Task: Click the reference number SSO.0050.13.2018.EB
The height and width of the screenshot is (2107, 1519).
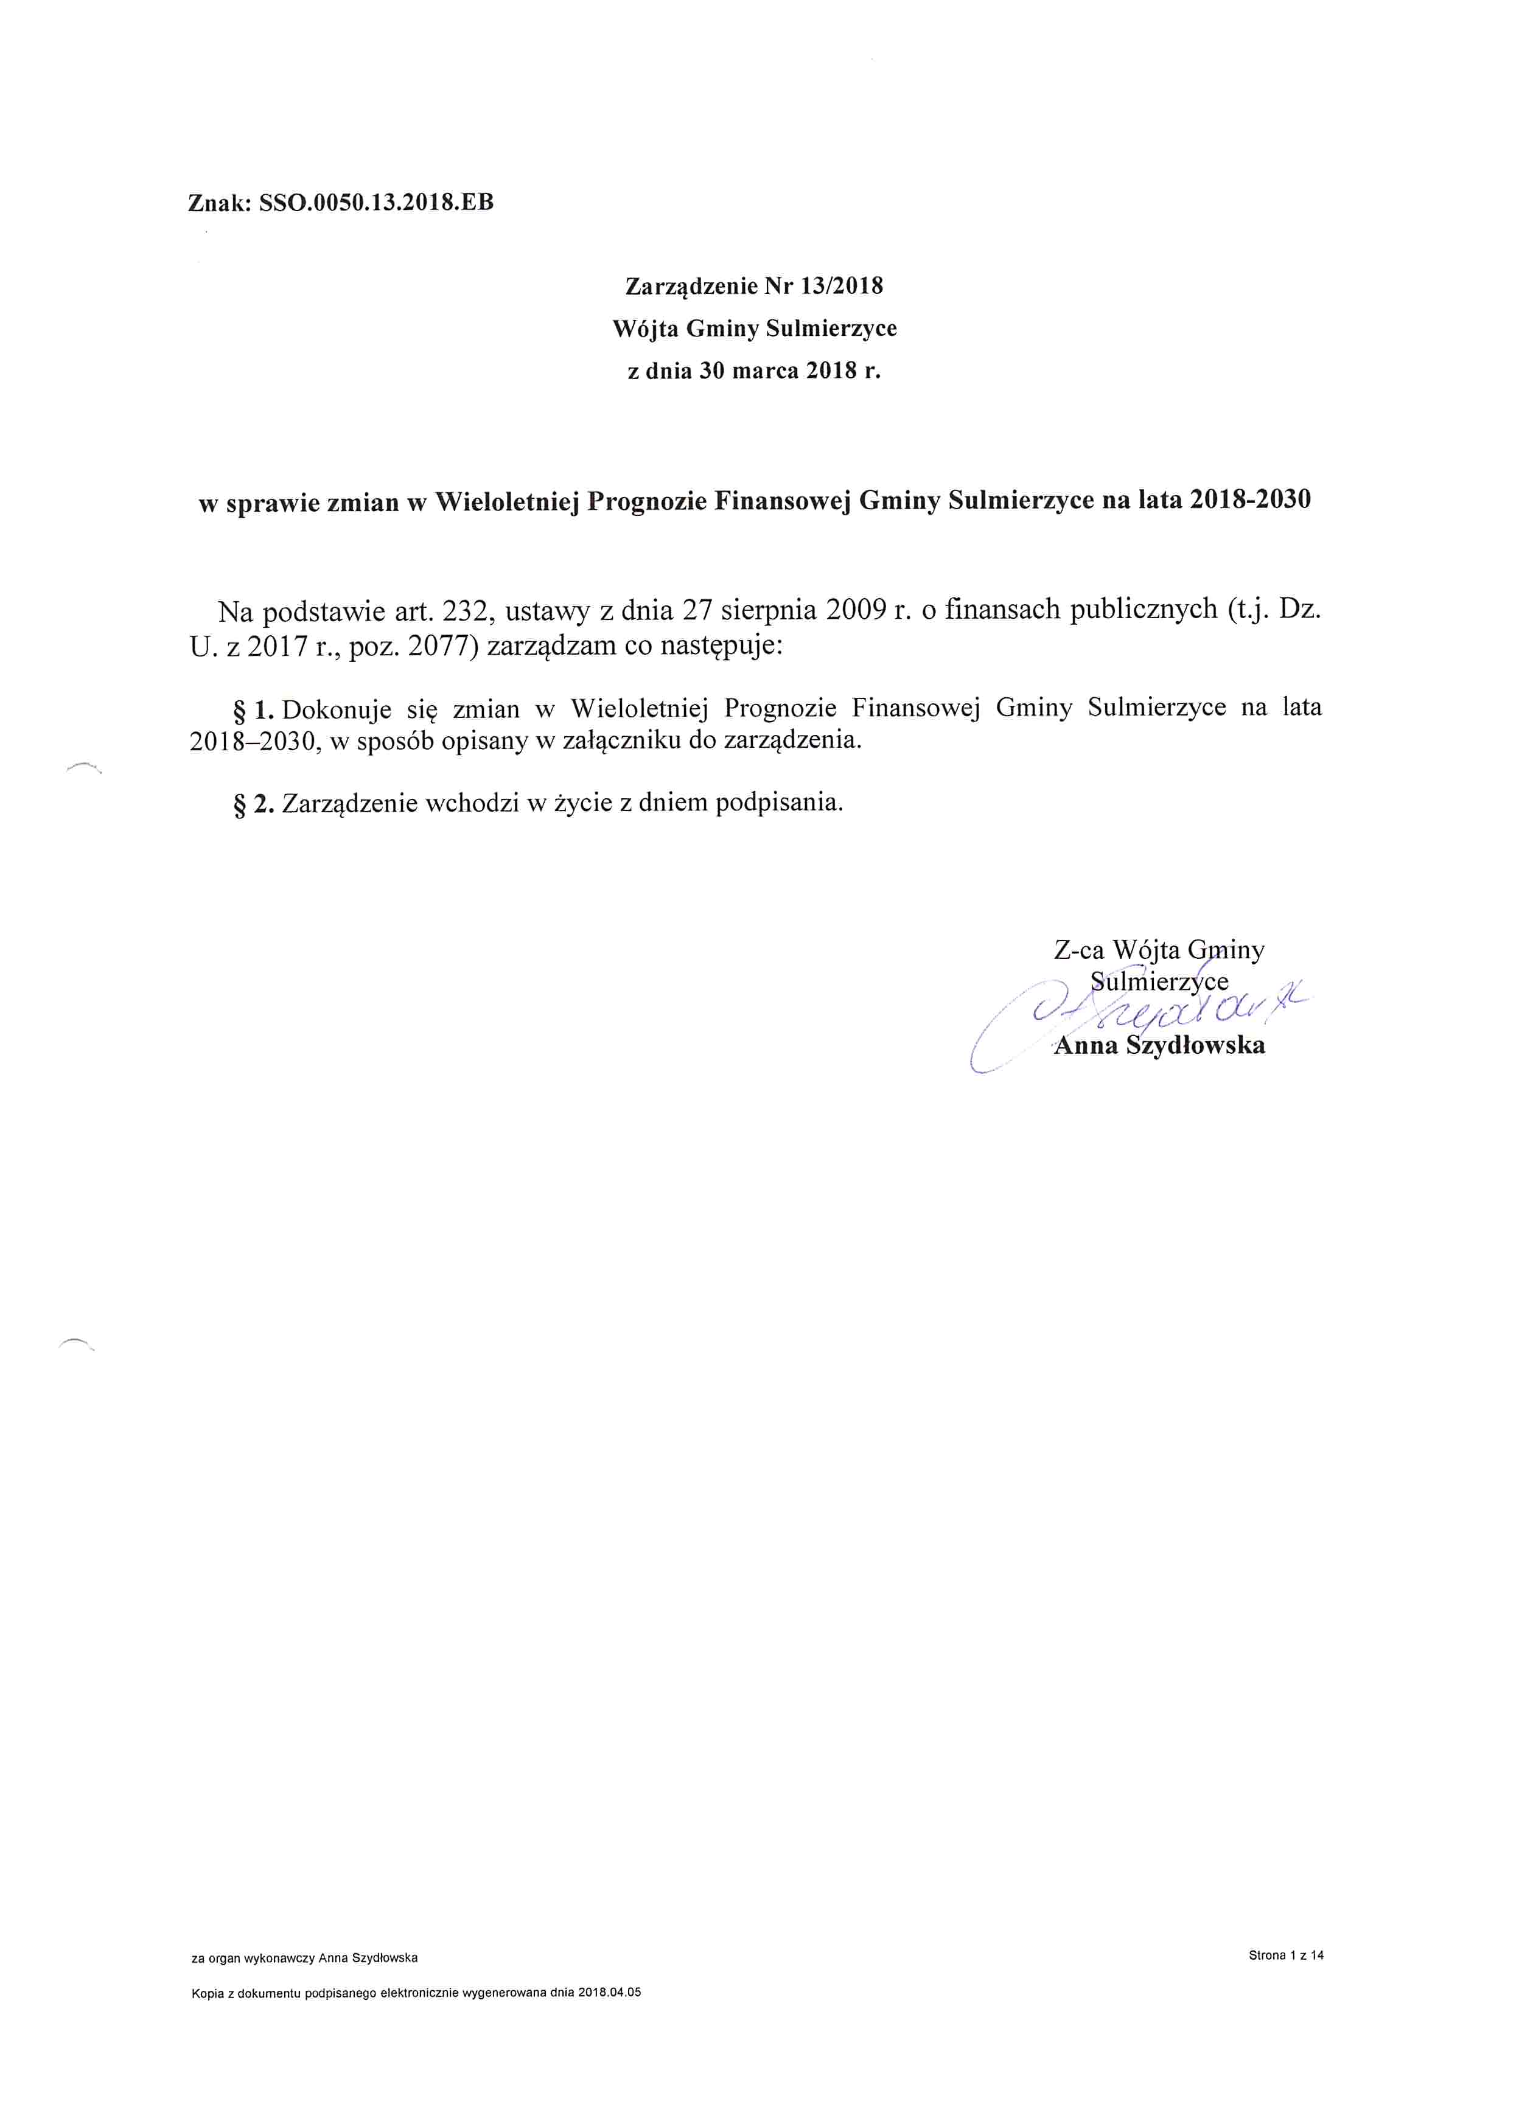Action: (x=376, y=203)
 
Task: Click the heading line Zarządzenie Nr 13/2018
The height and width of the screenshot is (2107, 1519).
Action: (x=753, y=286)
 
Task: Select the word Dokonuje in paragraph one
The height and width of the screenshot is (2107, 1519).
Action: (x=337, y=710)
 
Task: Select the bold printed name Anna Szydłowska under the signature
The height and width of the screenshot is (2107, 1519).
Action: (x=1159, y=1046)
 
